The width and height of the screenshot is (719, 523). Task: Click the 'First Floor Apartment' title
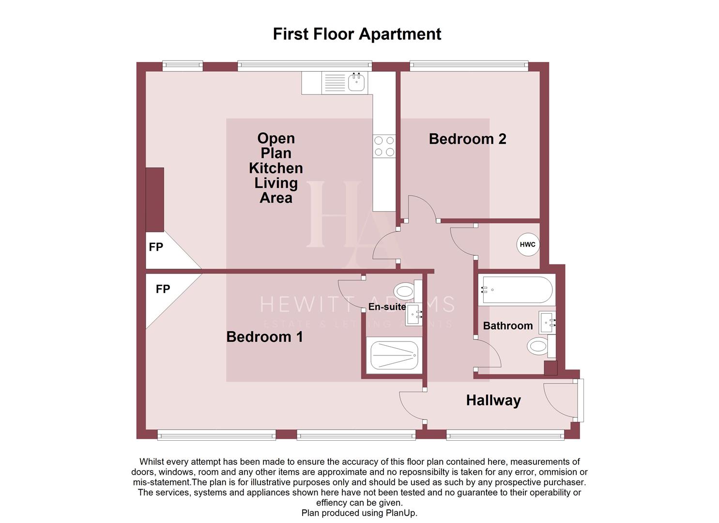click(357, 34)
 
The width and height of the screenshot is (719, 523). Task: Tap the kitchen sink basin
click(357, 82)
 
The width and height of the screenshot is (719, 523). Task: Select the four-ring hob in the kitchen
click(384, 146)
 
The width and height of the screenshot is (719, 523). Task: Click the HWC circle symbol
click(527, 245)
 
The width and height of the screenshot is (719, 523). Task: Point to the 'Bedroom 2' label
click(467, 139)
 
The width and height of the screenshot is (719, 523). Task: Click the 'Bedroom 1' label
click(264, 337)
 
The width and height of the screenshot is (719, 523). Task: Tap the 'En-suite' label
click(387, 307)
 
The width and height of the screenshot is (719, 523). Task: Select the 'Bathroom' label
click(507, 326)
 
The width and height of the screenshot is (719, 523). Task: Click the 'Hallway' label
click(493, 400)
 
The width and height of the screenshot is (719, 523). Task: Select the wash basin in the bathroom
click(548, 322)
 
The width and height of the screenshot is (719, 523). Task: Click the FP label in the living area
click(156, 247)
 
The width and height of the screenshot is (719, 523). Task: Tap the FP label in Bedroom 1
click(163, 289)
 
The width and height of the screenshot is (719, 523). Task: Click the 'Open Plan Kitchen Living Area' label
click(275, 168)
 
